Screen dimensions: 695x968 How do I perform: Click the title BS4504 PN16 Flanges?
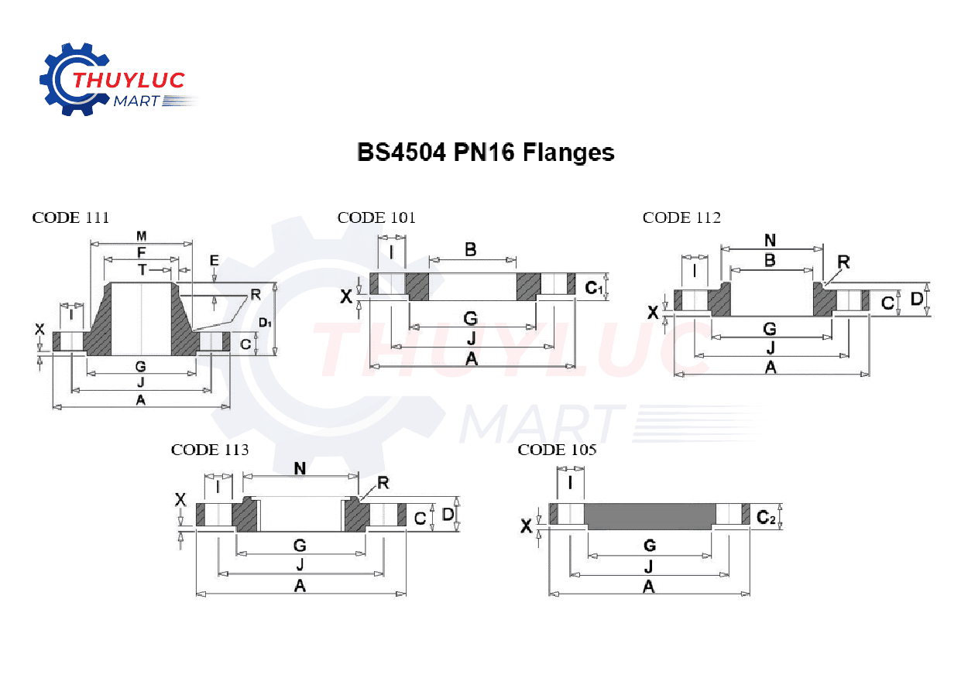pyautogui.click(x=486, y=152)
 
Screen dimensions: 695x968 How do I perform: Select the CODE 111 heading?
pyautogui.click(x=70, y=217)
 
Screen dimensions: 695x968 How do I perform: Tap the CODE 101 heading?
pyautogui.click(x=376, y=217)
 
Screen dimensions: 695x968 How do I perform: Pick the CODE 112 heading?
pyautogui.click(x=681, y=217)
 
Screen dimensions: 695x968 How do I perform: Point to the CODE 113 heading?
pyautogui.click(x=210, y=450)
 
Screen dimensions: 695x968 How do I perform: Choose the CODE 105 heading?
pyautogui.click(x=557, y=450)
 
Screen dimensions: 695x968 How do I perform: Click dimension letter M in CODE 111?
pyautogui.click(x=141, y=235)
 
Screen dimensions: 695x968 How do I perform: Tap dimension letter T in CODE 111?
pyautogui.click(x=142, y=269)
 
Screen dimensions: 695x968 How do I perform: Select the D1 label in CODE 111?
pyautogui.click(x=265, y=322)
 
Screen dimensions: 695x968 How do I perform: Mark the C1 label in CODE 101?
pyautogui.click(x=594, y=288)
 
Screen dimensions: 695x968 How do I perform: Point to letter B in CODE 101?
pyautogui.click(x=470, y=249)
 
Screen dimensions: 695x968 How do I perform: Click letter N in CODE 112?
pyautogui.click(x=770, y=240)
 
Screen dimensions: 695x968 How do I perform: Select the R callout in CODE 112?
pyautogui.click(x=843, y=262)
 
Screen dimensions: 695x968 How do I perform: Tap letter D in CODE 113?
pyautogui.click(x=447, y=515)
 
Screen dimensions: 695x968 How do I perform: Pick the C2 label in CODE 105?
pyautogui.click(x=766, y=517)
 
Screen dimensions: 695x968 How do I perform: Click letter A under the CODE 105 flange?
pyautogui.click(x=649, y=587)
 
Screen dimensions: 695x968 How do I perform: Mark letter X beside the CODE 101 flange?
pyautogui.click(x=347, y=296)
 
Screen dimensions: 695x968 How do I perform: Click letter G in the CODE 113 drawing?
pyautogui.click(x=300, y=546)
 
